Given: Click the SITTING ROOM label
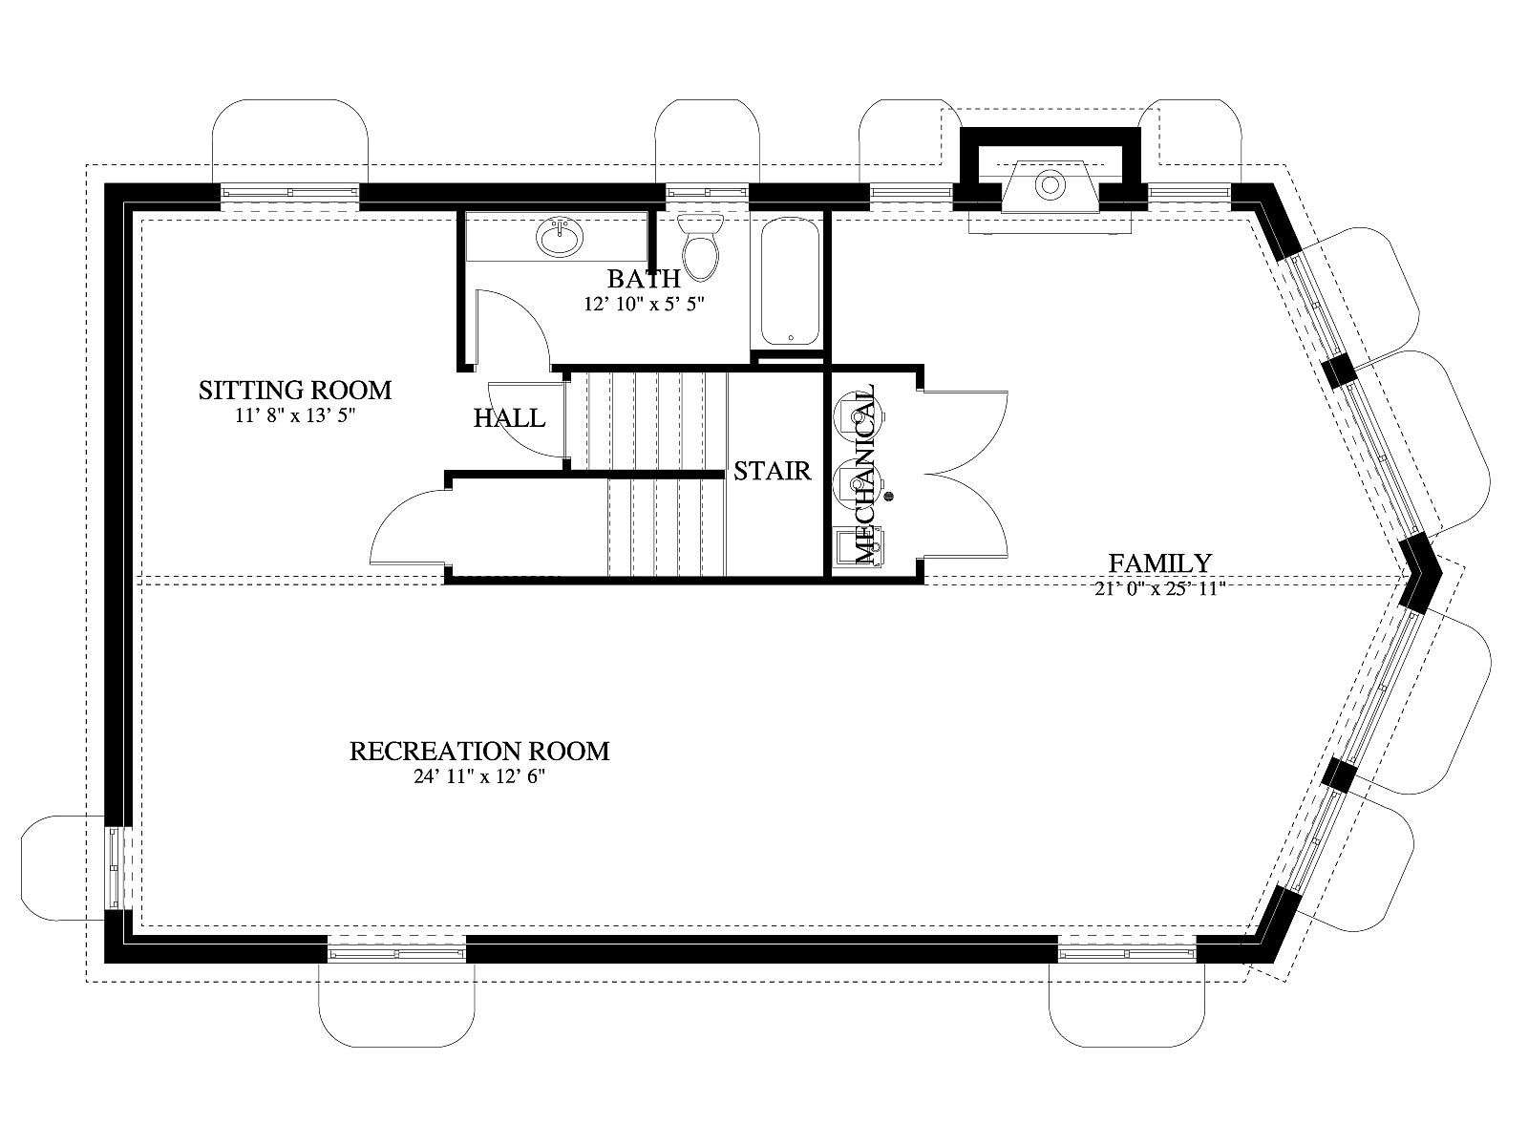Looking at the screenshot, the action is point(295,390).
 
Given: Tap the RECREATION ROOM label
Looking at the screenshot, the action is point(479,752).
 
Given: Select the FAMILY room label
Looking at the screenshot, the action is point(1159,562).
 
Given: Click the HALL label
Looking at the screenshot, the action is point(510,418).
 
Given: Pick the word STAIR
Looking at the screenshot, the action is point(772,471).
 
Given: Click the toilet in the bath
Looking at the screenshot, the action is point(701,247).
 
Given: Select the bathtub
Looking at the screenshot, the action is point(790,282).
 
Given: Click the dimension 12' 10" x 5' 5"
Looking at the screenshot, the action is point(645,304).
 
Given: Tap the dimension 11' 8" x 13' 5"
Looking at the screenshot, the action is point(295,415).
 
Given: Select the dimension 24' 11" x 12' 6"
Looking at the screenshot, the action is point(479,776).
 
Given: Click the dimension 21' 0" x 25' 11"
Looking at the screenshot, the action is point(1159,588).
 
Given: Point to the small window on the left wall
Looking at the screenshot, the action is point(115,867).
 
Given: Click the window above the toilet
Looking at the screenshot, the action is point(708,192).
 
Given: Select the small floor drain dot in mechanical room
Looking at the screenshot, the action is point(888,496).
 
